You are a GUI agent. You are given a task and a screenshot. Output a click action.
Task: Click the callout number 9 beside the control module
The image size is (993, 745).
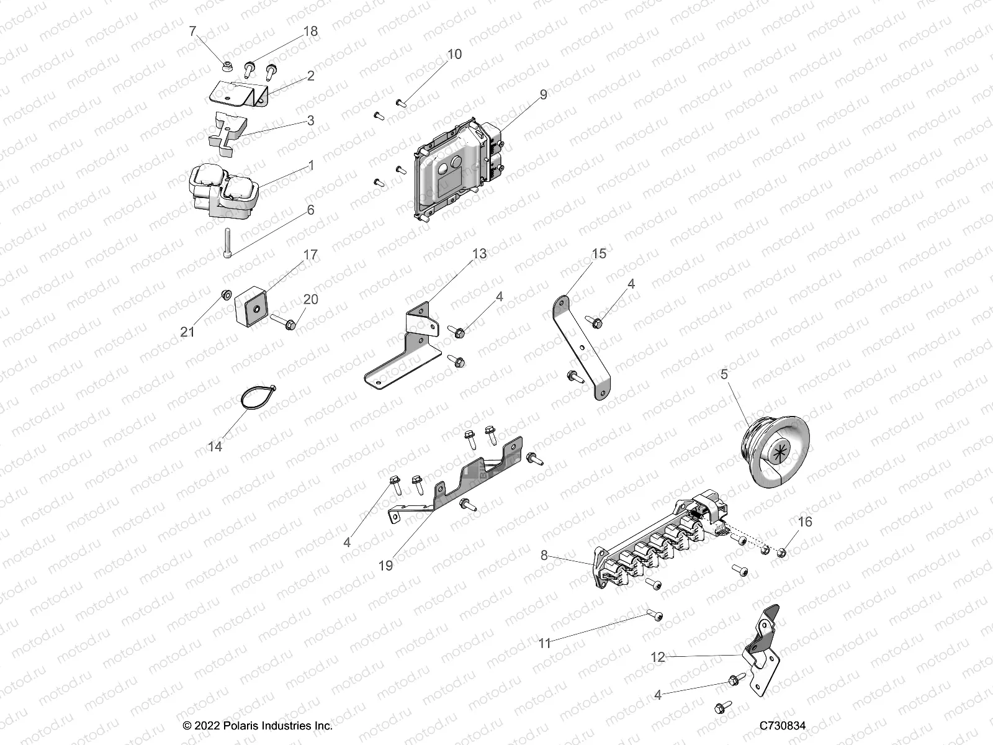click(543, 94)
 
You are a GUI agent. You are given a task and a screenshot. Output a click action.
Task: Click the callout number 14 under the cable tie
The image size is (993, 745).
click(215, 446)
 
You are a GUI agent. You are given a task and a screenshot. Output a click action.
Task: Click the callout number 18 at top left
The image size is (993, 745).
click(310, 31)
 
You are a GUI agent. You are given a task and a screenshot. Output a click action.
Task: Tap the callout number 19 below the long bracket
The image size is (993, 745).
click(385, 566)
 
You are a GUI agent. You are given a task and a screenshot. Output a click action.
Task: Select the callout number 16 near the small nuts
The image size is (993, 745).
click(804, 522)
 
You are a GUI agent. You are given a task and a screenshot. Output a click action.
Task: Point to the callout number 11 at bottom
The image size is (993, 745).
click(544, 643)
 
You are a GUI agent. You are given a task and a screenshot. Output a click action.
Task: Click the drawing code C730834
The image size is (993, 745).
click(783, 725)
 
